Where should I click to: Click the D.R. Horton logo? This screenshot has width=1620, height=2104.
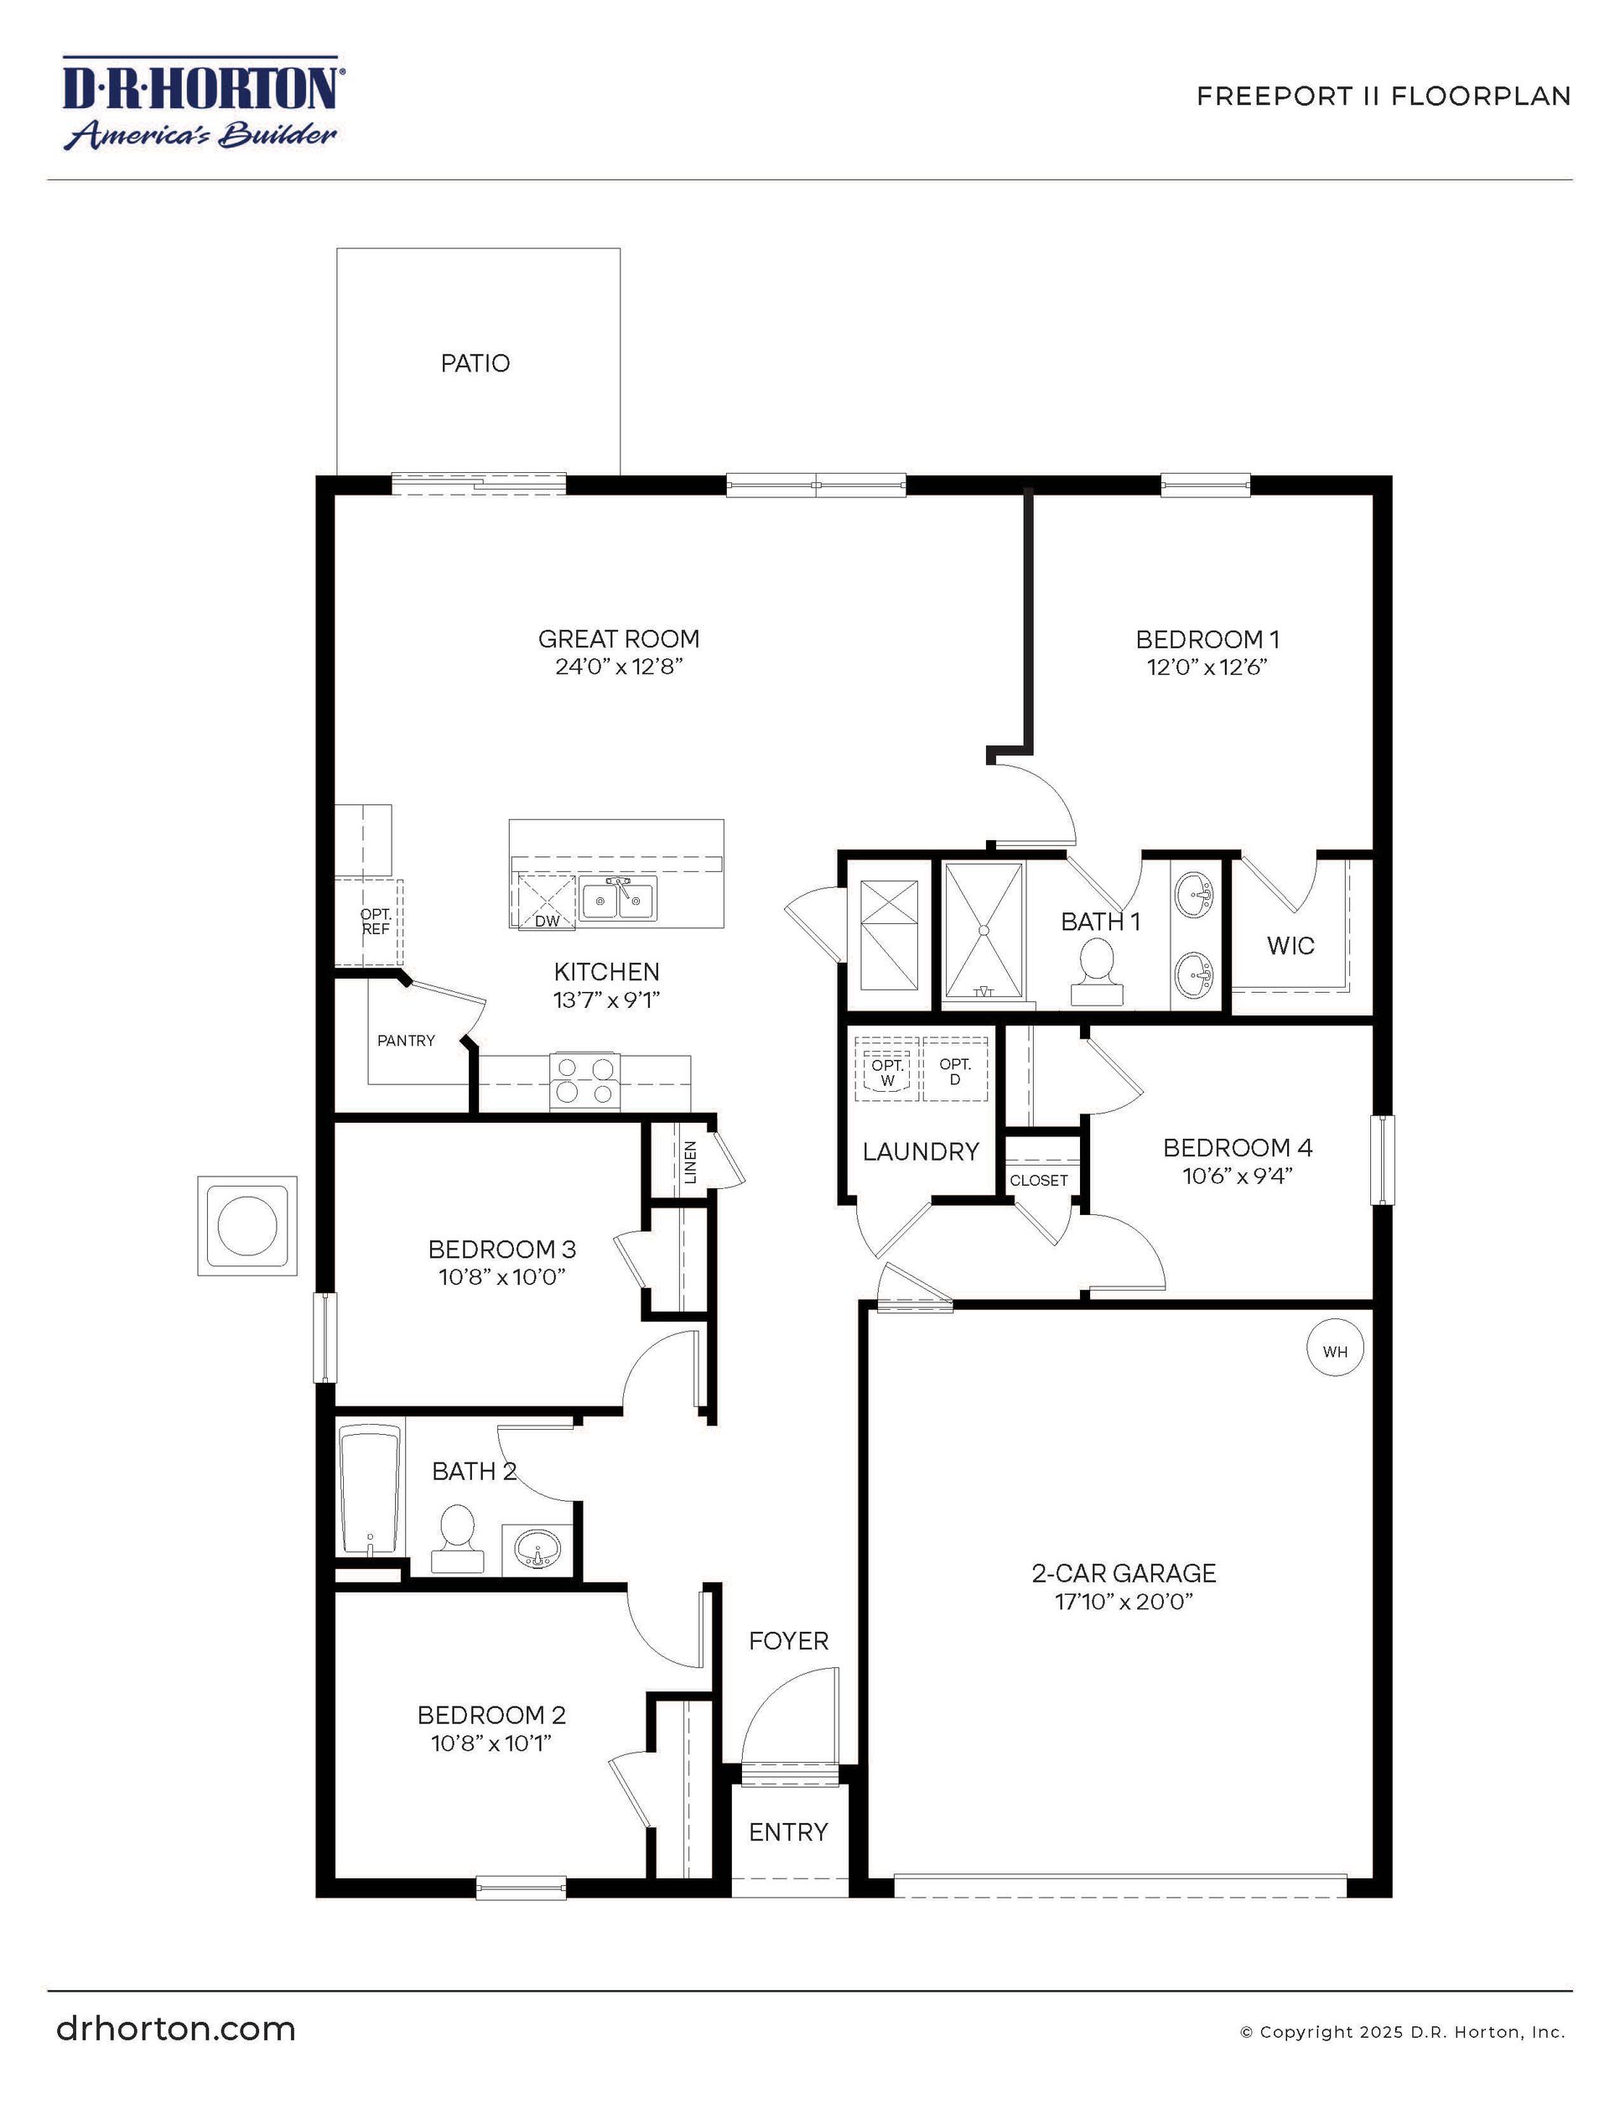(201, 103)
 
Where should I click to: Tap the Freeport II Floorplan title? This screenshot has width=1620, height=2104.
(1383, 96)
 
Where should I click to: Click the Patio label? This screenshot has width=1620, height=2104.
(475, 363)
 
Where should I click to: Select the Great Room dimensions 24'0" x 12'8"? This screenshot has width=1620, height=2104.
(618, 667)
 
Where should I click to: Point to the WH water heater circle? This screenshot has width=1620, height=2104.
(1334, 1351)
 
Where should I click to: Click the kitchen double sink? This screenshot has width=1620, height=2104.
(617, 899)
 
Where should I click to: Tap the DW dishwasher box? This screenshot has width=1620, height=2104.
(546, 901)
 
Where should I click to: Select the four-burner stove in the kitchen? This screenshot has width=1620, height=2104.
(584, 1080)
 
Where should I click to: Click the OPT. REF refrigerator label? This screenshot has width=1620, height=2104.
(376, 921)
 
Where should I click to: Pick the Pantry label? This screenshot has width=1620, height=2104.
(406, 1041)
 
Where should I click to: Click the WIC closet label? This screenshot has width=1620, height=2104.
(1290, 945)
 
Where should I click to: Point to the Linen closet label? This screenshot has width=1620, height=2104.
(689, 1161)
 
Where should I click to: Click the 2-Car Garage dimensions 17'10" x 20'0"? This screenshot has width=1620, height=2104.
(1123, 1601)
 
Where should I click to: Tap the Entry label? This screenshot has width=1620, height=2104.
(788, 1831)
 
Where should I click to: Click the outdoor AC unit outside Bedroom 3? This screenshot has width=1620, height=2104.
(247, 1225)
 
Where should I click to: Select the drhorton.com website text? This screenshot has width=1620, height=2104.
(175, 2028)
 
